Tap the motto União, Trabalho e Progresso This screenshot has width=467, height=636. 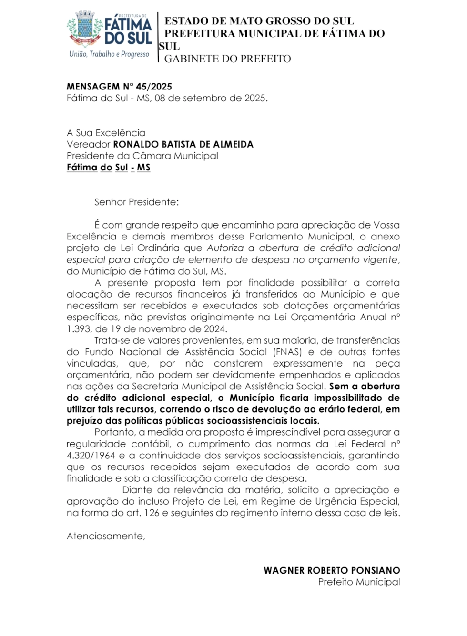pyautogui.click(x=109, y=54)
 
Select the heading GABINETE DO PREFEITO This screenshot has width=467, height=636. pyautogui.click(x=227, y=59)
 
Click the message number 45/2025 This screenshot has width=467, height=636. pyautogui.click(x=154, y=87)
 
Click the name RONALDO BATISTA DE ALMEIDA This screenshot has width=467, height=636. pyautogui.click(x=183, y=144)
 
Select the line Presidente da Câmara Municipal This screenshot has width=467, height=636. pyautogui.click(x=142, y=156)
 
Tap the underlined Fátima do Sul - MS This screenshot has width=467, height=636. pyautogui.click(x=108, y=168)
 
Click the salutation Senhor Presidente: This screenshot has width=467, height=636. pyautogui.click(x=136, y=202)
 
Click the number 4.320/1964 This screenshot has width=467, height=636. pyautogui.click(x=91, y=456)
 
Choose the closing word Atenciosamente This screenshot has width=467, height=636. pyautogui.click(x=105, y=536)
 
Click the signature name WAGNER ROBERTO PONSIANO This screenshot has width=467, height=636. pyautogui.click(x=332, y=570)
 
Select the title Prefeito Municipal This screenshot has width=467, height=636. pyautogui.click(x=359, y=582)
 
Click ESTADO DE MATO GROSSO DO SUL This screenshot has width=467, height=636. pyautogui.click(x=259, y=21)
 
